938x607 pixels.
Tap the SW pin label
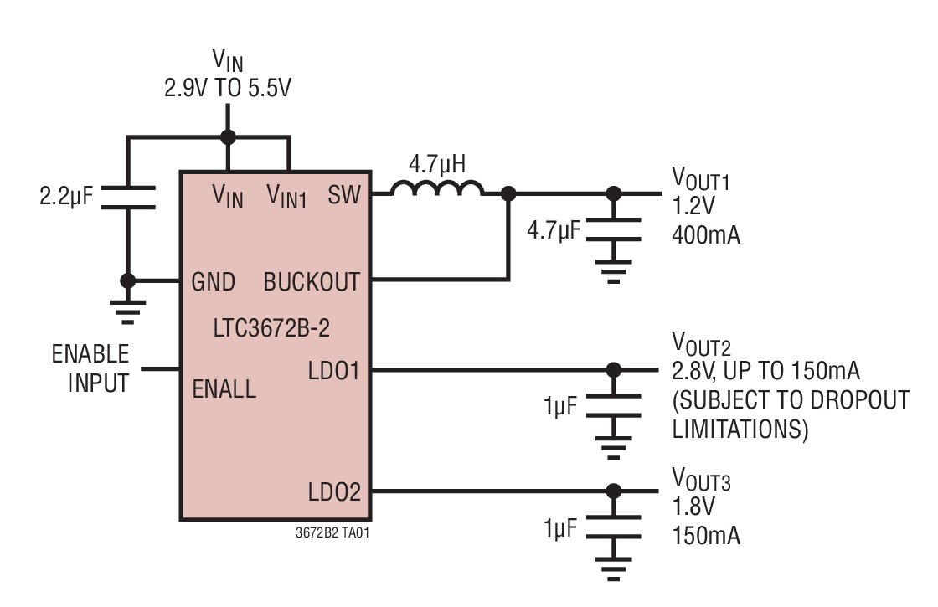click(344, 195)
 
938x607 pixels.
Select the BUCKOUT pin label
click(312, 282)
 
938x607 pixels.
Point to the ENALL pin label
click(224, 388)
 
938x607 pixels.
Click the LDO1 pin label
click(333, 369)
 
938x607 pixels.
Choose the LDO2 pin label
click(333, 491)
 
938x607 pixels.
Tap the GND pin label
click(214, 282)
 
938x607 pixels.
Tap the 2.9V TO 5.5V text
click(227, 88)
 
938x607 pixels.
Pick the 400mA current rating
click(705, 235)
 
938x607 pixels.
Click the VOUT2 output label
click(701, 344)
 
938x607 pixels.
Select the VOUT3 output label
click(701, 481)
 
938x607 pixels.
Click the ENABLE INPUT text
click(90, 368)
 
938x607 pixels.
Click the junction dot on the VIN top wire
click(227, 137)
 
